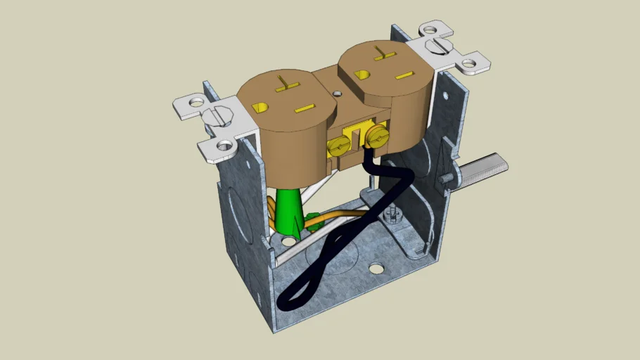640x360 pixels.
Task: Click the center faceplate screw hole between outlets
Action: tap(338, 92)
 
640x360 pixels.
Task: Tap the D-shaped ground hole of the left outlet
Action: tap(260, 107)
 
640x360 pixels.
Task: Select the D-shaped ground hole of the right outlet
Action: tap(363, 74)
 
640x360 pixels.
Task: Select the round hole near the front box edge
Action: tap(377, 268)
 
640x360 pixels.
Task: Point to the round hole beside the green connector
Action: tap(289, 242)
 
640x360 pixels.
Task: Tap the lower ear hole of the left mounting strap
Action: tap(224, 146)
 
